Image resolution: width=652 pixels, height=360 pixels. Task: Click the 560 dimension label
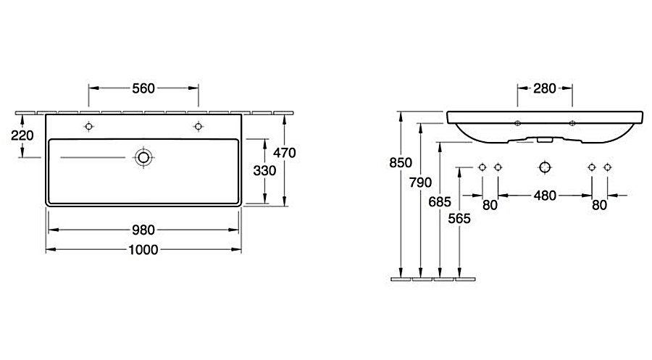pyautogui.click(x=143, y=88)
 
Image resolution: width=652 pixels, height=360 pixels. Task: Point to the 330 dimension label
pyautogui.click(x=265, y=171)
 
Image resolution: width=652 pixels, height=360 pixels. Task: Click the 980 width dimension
pyautogui.click(x=143, y=230)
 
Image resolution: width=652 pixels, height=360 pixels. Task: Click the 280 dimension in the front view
pyautogui.click(x=545, y=88)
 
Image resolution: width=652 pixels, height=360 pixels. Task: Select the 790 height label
pyautogui.click(x=421, y=183)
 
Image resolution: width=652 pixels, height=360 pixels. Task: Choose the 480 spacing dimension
pyautogui.click(x=545, y=195)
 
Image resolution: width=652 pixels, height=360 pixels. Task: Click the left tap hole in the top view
pyautogui.click(x=88, y=127)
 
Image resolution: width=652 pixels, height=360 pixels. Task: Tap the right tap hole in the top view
pyautogui.click(x=198, y=127)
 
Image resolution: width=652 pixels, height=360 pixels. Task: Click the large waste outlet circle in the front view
pyautogui.click(x=545, y=167)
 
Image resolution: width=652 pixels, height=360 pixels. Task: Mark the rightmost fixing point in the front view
pyautogui.click(x=607, y=167)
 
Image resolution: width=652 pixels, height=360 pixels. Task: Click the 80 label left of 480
pyautogui.click(x=490, y=205)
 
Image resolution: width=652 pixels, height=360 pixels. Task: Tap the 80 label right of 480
pyautogui.click(x=599, y=205)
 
